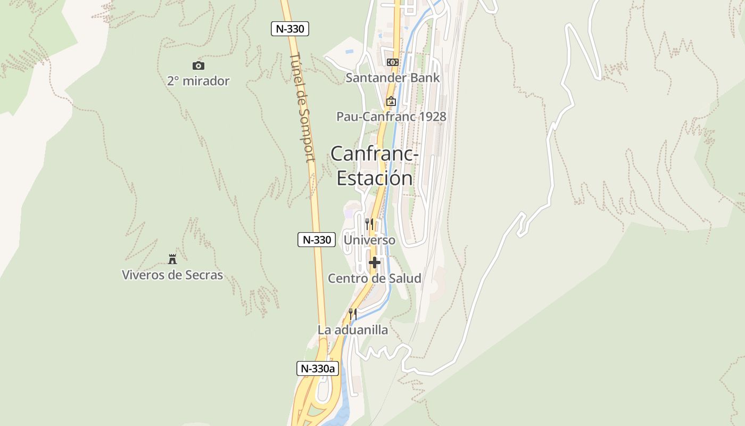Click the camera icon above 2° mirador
[198, 65]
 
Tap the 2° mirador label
[198, 81]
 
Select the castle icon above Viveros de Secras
[172, 259]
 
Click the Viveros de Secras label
[172, 275]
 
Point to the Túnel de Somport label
[303, 106]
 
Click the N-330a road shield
[317, 368]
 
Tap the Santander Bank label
[393, 78]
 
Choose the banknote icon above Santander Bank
[393, 62]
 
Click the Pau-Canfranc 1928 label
[391, 117]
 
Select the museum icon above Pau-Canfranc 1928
[391, 101]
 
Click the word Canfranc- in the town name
[375, 154]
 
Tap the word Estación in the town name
[375, 178]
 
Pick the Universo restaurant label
[370, 240]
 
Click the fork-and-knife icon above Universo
[369, 224]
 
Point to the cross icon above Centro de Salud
[375, 262]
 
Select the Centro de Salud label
[375, 278]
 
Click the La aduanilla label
[353, 330]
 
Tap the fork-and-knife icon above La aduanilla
[353, 314]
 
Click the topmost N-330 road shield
[290, 29]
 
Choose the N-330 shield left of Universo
[317, 240]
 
